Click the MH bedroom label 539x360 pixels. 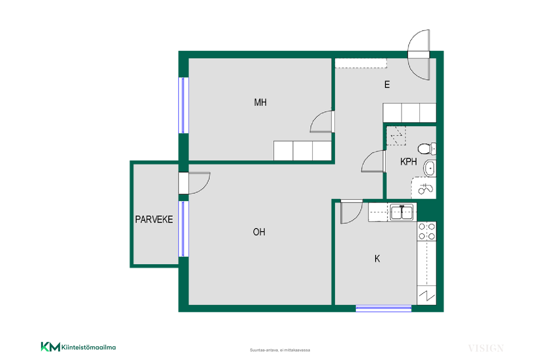pos(260,102)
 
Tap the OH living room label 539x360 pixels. pos(259,232)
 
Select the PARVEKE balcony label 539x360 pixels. pos(154,219)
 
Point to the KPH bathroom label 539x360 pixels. pos(409,161)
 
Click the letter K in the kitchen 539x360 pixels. pos(377,259)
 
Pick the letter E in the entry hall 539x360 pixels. pos(387,85)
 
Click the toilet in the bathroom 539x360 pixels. pos(427,149)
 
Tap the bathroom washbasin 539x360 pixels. pos(430,168)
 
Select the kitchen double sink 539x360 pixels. pos(402,212)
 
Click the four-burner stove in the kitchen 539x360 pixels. pos(426,232)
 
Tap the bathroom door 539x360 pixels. pos(374,161)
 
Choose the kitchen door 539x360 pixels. pos(352,211)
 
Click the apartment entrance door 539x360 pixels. pos(419,55)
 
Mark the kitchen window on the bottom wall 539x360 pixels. pos(384,308)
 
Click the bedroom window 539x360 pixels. pos(183,105)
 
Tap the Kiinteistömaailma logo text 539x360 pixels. pos(89,347)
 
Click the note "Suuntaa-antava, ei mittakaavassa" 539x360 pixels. pos(280,350)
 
